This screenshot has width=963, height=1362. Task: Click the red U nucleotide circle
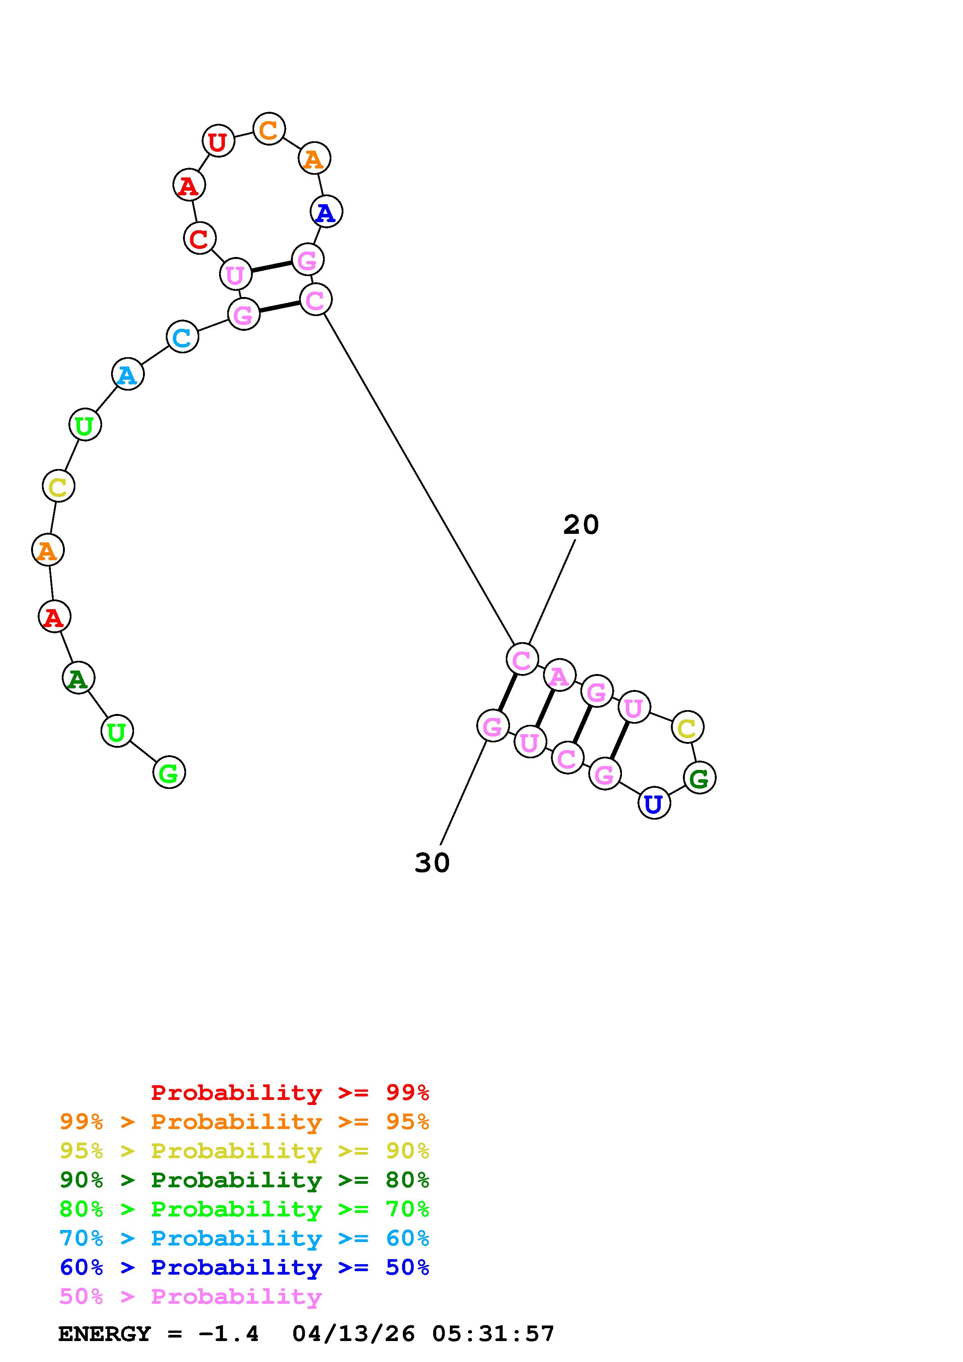point(218,142)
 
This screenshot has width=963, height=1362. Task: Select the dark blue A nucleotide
point(326,212)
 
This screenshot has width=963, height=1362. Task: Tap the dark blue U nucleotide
point(654,804)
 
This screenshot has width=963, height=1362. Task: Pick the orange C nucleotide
point(269,129)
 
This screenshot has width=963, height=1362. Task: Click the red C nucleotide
point(199,238)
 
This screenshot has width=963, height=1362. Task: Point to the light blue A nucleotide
point(127,374)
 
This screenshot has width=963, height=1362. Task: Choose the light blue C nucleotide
point(182,337)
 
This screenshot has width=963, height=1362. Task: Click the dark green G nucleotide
point(700,778)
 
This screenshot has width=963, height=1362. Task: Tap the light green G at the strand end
point(169,772)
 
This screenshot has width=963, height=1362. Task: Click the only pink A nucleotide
point(559,676)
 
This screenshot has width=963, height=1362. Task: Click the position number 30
point(432,863)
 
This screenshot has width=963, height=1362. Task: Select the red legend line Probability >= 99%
point(290,1093)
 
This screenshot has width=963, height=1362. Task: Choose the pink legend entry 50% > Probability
point(190,1297)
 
